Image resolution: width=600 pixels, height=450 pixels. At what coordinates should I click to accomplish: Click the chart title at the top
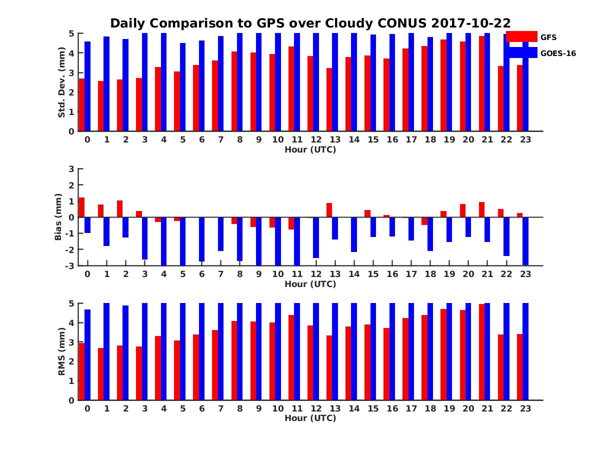click(x=310, y=23)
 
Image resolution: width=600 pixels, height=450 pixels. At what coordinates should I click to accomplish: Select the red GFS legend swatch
click(x=521, y=36)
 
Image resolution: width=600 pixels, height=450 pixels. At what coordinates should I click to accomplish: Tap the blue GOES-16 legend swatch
click(x=521, y=53)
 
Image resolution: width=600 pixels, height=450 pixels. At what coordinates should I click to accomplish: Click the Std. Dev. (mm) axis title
click(x=62, y=82)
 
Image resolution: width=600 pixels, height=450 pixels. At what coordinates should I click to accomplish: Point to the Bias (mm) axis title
click(x=58, y=216)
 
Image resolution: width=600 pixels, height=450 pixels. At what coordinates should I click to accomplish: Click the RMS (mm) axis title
click(x=62, y=351)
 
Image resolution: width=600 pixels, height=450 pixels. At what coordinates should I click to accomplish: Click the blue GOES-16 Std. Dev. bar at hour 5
click(x=183, y=87)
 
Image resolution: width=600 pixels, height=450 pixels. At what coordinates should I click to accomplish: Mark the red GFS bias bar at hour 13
click(x=329, y=210)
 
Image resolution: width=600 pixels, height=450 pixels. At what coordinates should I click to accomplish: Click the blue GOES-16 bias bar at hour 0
click(x=87, y=225)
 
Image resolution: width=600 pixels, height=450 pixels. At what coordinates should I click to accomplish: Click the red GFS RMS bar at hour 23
click(x=520, y=367)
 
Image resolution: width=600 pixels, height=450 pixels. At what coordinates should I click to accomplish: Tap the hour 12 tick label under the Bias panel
click(x=316, y=274)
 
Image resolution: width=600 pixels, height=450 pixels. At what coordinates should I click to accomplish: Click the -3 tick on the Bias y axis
click(x=70, y=265)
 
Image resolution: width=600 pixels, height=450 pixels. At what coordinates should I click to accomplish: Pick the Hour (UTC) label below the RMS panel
click(x=310, y=418)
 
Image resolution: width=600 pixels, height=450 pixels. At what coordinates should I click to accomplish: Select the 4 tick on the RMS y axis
click(x=71, y=322)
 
